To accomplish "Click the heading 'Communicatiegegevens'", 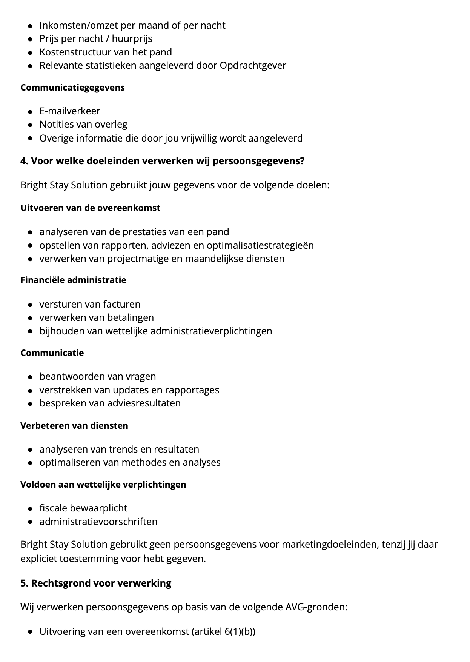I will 72,88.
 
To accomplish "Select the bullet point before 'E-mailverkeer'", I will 30,112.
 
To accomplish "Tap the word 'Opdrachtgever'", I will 253,66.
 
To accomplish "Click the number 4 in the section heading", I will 23,161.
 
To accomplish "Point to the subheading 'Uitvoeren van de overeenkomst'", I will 91,208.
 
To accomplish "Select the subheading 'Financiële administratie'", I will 73,280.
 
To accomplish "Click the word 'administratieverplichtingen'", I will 211,331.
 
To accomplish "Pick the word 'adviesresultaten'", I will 144,403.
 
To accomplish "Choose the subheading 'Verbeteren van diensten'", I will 74,426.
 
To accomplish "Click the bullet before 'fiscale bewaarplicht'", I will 30,509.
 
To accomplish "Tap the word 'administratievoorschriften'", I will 98,522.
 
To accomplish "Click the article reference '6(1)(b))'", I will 240,631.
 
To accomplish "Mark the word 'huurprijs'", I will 132,38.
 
